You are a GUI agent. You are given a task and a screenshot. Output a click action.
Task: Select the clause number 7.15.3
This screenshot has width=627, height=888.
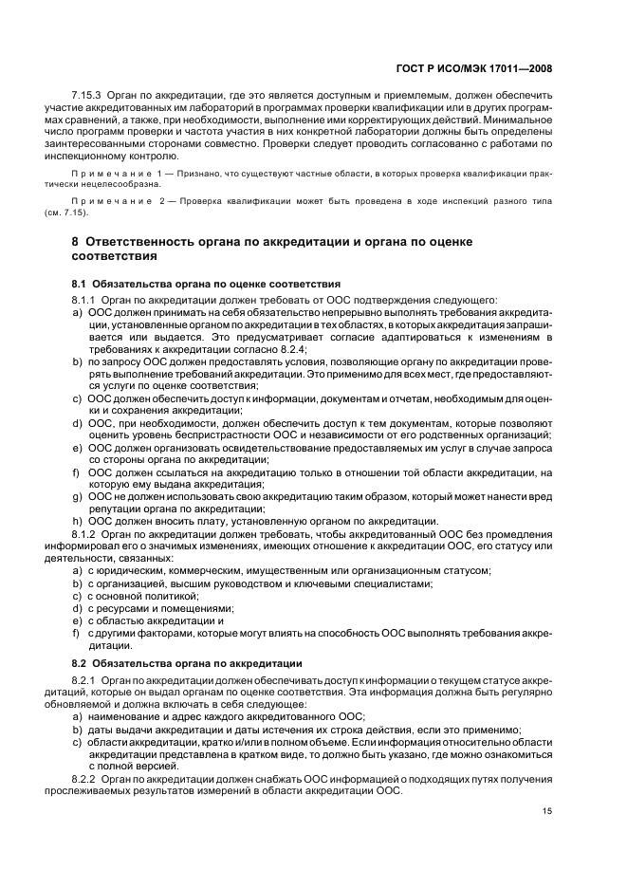point(87,98)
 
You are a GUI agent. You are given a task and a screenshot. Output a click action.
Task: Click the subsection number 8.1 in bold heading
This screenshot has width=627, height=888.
point(80,285)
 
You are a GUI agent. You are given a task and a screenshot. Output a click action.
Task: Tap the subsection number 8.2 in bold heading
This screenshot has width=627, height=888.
point(80,662)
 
